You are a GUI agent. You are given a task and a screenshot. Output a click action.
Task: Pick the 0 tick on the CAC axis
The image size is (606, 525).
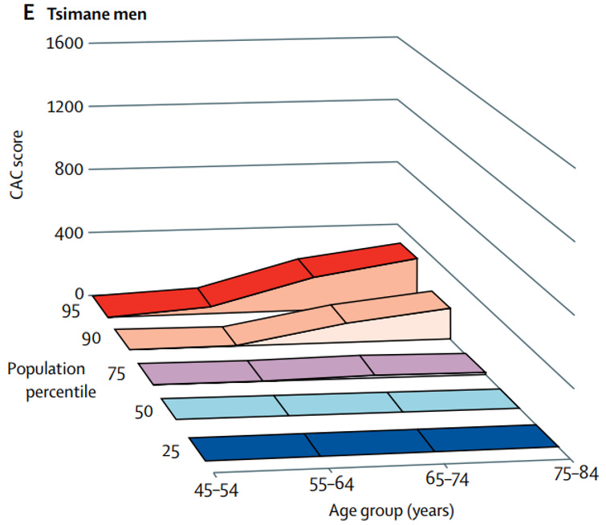[x=79, y=294]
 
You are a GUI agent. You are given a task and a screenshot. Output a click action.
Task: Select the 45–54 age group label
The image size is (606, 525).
[x=223, y=488]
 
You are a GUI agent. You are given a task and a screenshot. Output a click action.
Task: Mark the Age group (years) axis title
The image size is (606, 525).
[x=391, y=510]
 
